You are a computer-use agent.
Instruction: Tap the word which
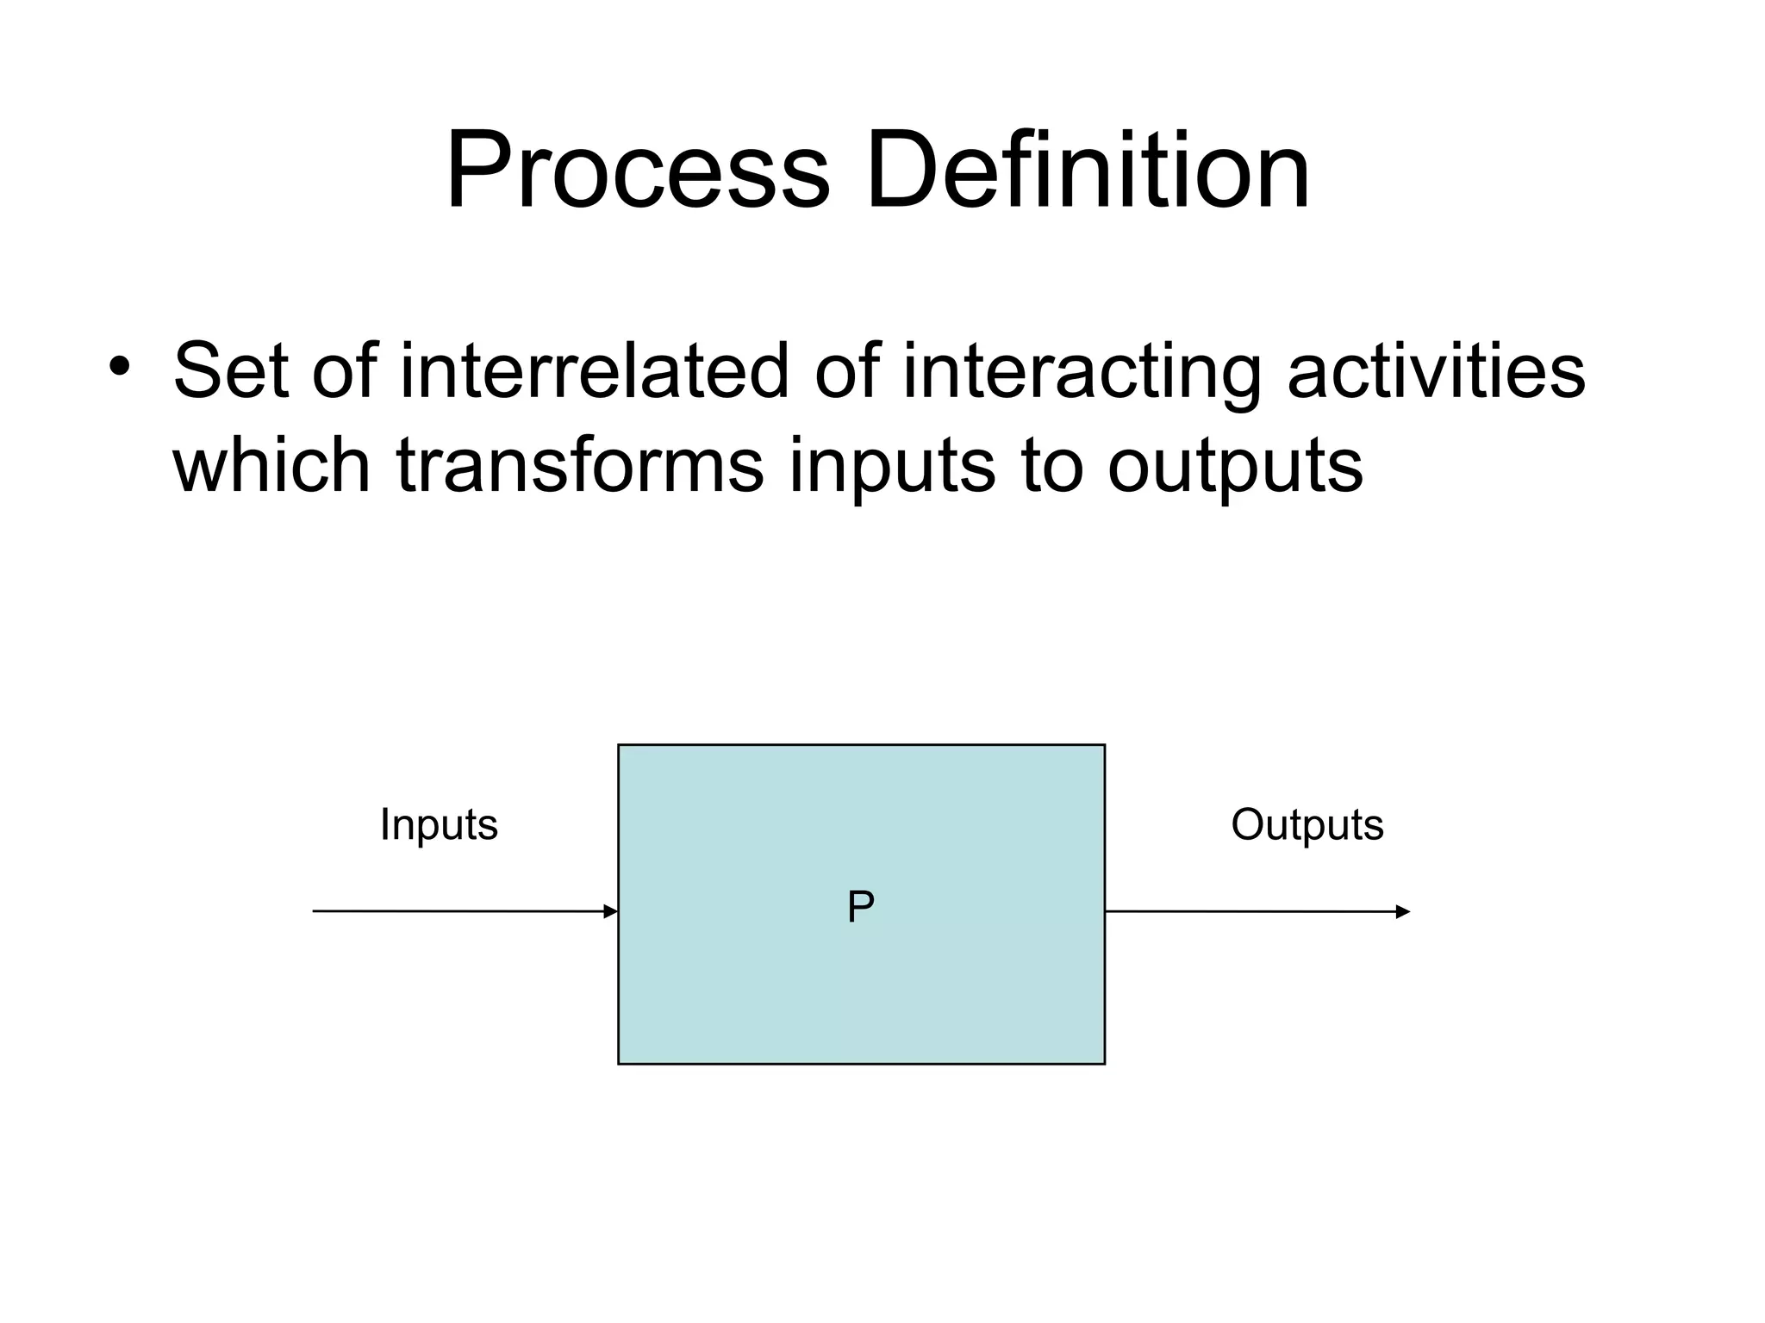(271, 464)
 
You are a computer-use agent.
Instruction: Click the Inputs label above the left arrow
(439, 825)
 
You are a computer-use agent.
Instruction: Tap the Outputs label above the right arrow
(1307, 825)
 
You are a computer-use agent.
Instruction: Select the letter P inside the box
(860, 907)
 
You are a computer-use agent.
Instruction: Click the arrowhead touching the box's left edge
(611, 911)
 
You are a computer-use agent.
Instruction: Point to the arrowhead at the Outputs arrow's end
(1402, 912)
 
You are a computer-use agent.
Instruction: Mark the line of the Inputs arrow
(457, 911)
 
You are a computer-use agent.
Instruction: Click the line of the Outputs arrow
(1250, 911)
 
